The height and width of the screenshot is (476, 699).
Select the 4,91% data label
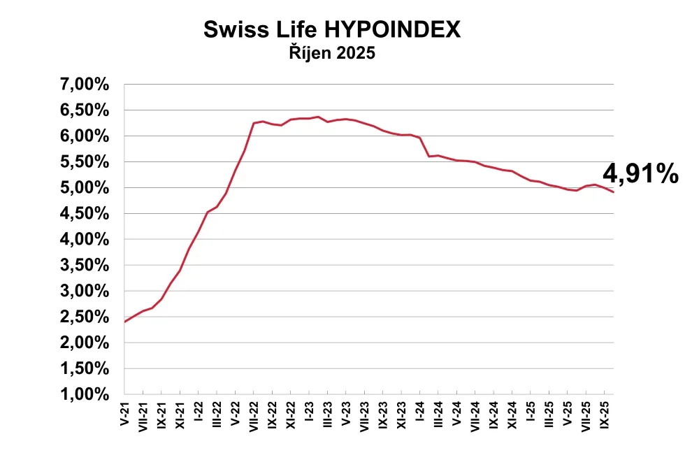640,174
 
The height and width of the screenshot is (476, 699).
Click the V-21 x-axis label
125,411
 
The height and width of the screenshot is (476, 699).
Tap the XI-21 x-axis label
180,412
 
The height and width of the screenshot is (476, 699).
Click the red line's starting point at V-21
125,322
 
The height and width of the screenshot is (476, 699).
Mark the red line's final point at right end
613,192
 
